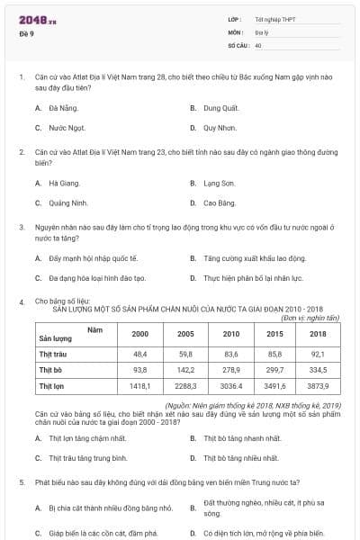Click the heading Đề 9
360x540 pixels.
pos(26,33)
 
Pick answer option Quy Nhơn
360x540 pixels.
pos(219,128)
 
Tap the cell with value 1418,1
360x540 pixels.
pos(139,386)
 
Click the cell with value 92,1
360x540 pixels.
pos(318,354)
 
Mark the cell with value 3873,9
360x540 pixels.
pos(318,386)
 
